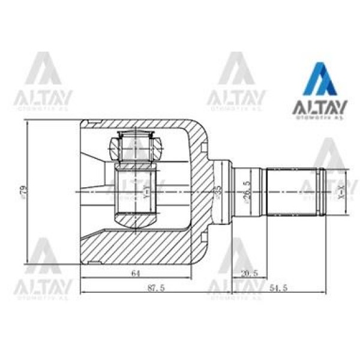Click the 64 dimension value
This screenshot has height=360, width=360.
[136, 274]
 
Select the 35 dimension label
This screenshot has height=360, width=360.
[218, 191]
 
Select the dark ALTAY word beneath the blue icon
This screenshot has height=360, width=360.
[317, 109]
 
